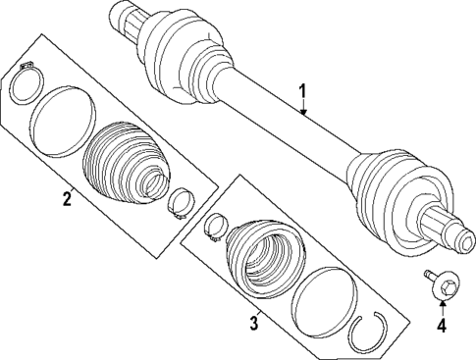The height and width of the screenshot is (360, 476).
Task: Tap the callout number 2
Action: pyautogui.click(x=66, y=201)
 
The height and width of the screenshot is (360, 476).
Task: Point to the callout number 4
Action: pyautogui.click(x=441, y=326)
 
